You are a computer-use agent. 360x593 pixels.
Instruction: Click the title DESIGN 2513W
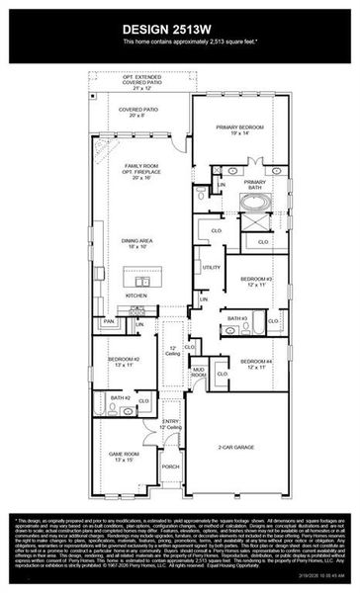pos(180,29)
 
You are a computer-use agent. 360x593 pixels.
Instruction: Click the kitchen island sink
pos(139,281)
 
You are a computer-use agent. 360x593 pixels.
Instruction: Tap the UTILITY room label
pos(212,267)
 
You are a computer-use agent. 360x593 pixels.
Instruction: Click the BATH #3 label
pos(237,318)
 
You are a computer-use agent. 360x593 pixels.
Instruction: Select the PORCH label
pos(171,466)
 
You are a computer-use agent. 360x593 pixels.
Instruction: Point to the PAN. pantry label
pos(109,321)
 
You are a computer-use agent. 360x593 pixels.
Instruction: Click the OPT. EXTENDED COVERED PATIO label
pos(139,80)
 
